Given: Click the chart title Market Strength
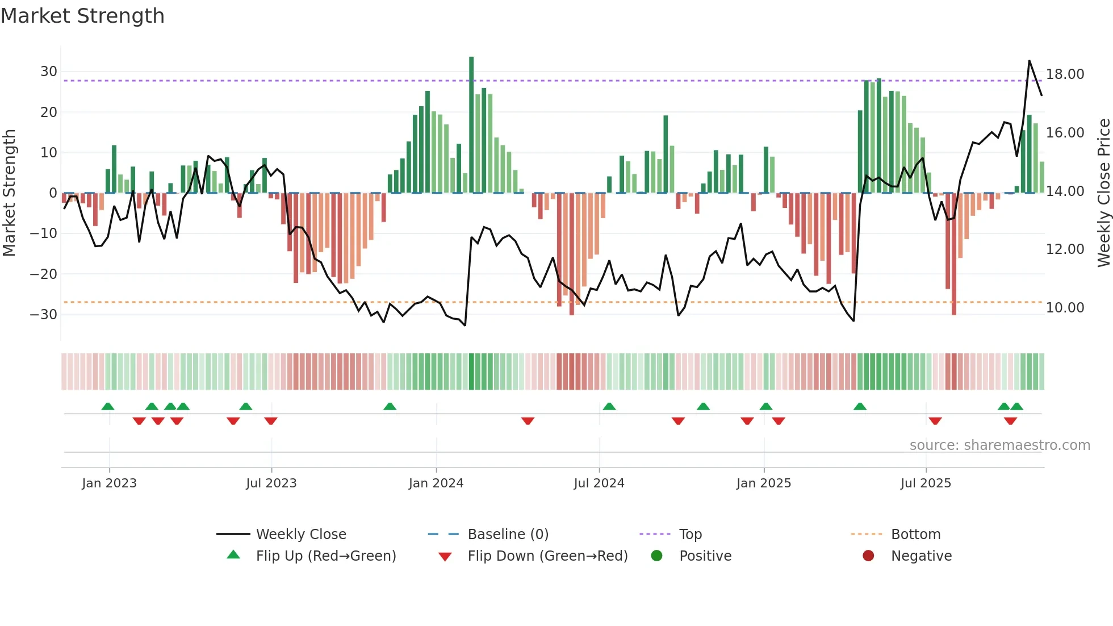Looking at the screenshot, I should pos(82,16).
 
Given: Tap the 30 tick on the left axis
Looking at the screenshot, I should pos(49,72).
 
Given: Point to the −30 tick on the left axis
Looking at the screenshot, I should pos(44,314).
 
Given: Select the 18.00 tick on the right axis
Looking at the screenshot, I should pos(1065,74).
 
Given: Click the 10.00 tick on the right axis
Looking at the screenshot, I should pos(1065,308).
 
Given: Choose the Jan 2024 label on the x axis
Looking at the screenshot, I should pos(436,483).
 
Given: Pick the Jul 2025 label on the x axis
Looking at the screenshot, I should pos(925,483).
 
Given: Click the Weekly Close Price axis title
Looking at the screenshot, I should pos(1103,193).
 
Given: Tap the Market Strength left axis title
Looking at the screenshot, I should pos(10,193).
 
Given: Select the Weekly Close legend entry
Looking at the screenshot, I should pos(300,535).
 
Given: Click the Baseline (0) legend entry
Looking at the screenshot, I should pos(508,535).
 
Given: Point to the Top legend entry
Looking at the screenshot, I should pos(690,535).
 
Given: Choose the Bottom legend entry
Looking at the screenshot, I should pos(915,535).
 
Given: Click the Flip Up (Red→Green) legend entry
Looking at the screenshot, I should pos(325,556).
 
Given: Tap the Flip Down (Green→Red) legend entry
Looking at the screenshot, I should pos(547,556).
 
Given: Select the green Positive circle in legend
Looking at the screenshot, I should pos(656,556).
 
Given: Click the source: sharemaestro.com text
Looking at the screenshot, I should pos(999,445).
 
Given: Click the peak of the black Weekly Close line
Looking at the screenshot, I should pos(1029,61).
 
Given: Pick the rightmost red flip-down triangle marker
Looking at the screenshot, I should pos(1010,421).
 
